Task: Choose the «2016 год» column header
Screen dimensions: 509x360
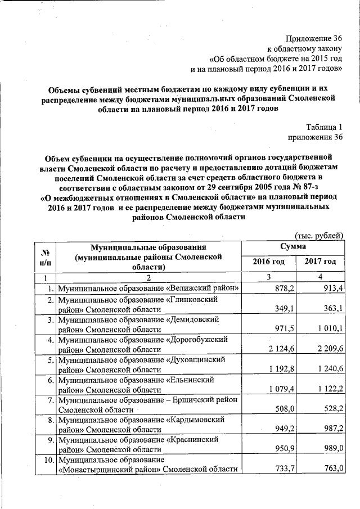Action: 268,262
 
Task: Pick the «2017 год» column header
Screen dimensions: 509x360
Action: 320,262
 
